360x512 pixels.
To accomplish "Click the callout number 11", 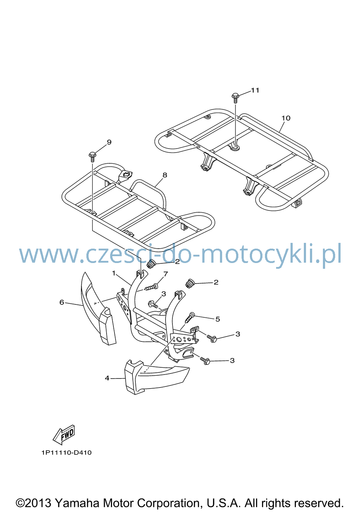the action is pyautogui.click(x=255, y=90).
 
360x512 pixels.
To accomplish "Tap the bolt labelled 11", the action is pyautogui.click(x=235, y=98).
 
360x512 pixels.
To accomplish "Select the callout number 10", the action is pyautogui.click(x=286, y=118).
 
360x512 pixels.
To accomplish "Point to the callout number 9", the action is pyautogui.click(x=109, y=142).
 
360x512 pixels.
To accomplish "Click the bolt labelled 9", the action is pyautogui.click(x=93, y=157).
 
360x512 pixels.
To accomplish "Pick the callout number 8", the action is pyautogui.click(x=165, y=175).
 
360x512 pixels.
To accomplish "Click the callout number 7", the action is pyautogui.click(x=166, y=274).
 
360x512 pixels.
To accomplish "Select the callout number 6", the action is pyautogui.click(x=62, y=302).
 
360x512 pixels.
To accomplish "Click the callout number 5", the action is pyautogui.click(x=217, y=319).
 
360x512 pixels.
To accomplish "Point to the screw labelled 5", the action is pyautogui.click(x=190, y=318).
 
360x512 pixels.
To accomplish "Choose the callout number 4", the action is pyautogui.click(x=107, y=378).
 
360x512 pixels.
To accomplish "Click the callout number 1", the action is pyautogui.click(x=114, y=273).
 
